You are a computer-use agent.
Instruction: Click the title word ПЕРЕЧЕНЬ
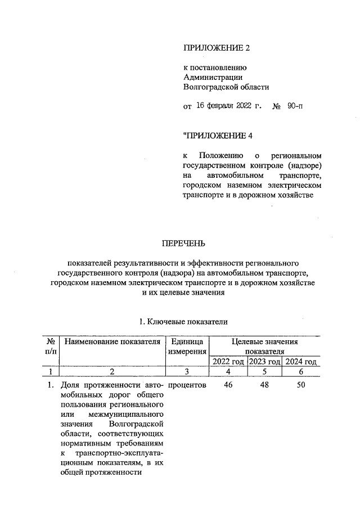pos(183,244)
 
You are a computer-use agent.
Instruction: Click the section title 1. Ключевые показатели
pos(183,322)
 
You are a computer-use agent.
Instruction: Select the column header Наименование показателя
pos(112,341)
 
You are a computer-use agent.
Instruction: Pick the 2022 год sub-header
pos(229,361)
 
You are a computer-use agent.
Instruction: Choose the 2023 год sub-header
pos(264,361)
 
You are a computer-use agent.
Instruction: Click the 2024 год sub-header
pos(300,361)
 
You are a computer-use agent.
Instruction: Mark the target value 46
pos(228,385)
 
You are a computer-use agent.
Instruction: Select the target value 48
pos(264,385)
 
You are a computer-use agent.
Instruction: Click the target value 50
pos(300,385)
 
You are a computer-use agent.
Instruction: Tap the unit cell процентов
pos(187,385)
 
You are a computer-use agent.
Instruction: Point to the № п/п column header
pos(51,346)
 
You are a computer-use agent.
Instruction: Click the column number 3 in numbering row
pos(186,372)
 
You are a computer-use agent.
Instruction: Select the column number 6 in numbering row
pos(300,372)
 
